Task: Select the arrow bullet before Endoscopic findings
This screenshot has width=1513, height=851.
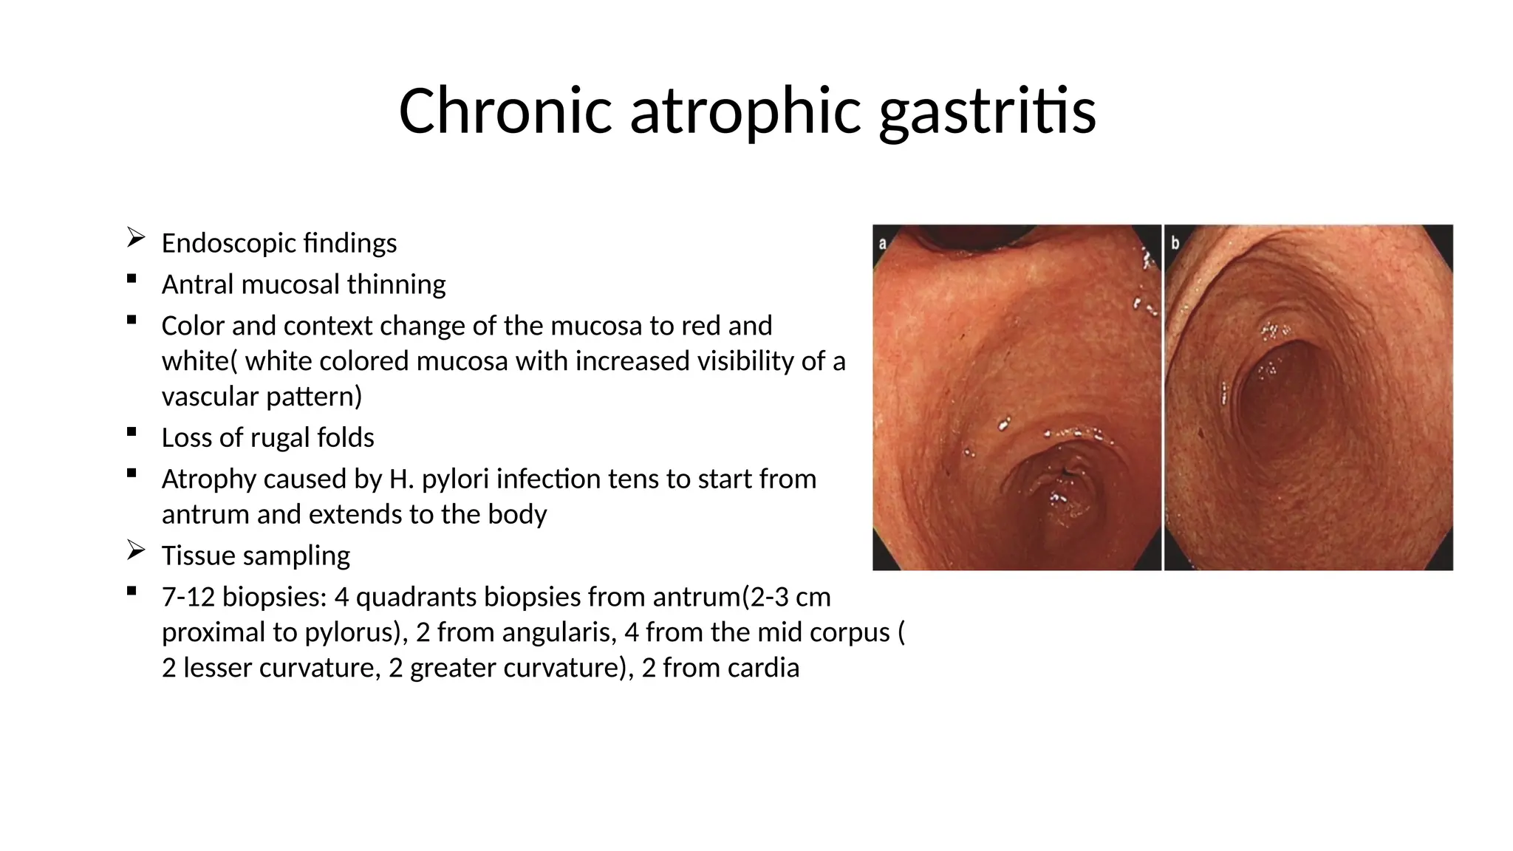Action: pyautogui.click(x=135, y=238)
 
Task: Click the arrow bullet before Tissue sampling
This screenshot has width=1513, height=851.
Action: pyautogui.click(x=135, y=550)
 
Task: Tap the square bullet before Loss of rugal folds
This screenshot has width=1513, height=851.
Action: pyautogui.click(x=132, y=432)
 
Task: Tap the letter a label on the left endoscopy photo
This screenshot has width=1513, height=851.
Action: pyautogui.click(x=882, y=242)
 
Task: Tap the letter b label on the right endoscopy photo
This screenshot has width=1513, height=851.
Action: pyautogui.click(x=1175, y=242)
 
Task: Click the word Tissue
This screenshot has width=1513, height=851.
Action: pyautogui.click(x=193, y=556)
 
